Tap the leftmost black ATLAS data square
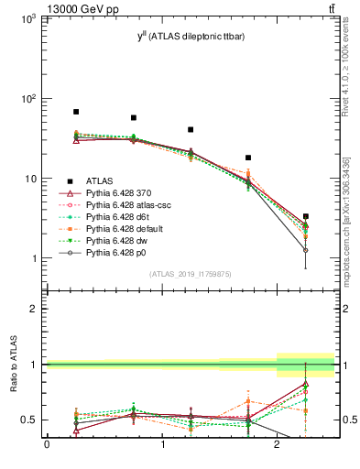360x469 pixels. pos(76,112)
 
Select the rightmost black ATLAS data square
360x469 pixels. pos(305,216)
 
